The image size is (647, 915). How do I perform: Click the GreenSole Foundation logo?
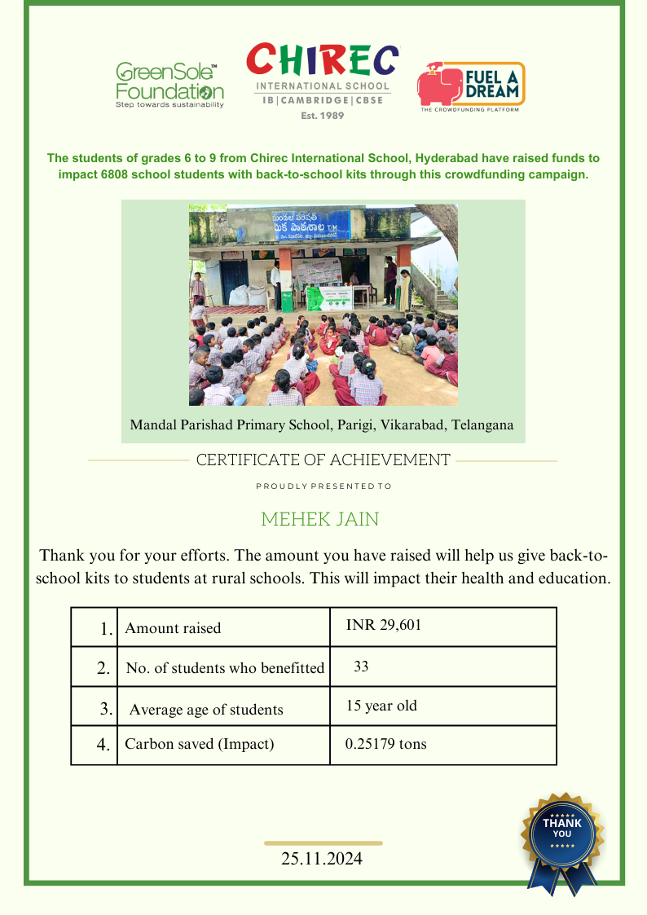[x=169, y=86]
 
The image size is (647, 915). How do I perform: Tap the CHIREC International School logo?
[x=323, y=80]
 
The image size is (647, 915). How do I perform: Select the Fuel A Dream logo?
[x=471, y=86]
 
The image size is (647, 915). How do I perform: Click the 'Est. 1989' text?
[x=323, y=116]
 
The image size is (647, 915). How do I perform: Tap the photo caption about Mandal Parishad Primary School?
[x=322, y=425]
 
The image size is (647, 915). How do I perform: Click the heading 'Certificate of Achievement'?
[x=323, y=460]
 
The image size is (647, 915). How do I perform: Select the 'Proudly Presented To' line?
[x=323, y=486]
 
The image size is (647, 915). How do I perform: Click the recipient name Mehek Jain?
[x=319, y=519]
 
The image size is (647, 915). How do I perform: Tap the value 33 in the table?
[x=361, y=666]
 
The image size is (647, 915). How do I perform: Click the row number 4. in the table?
[x=103, y=744]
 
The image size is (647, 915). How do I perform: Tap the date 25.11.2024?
[x=322, y=859]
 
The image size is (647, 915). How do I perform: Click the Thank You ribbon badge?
[x=562, y=839]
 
